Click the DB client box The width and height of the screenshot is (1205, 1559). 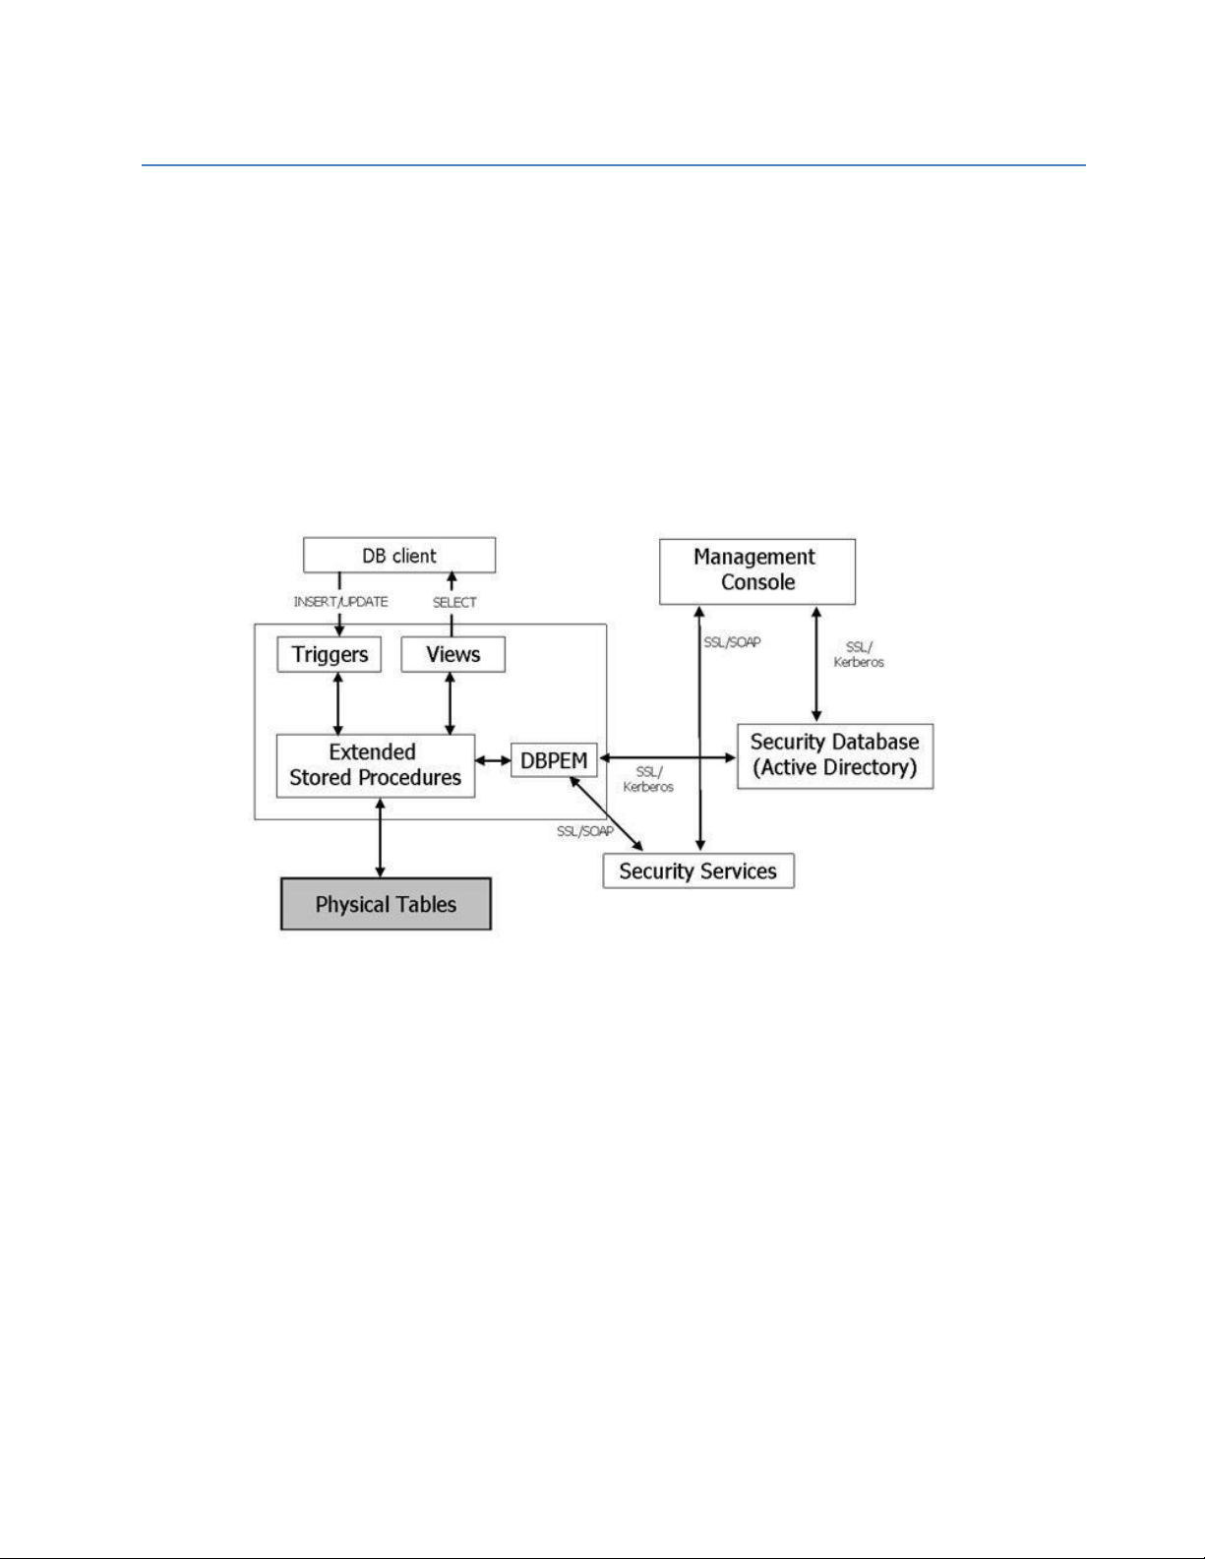(398, 556)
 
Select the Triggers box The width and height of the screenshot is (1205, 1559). (330, 654)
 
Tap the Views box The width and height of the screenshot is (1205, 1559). (452, 654)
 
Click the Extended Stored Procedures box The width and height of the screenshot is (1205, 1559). (375, 765)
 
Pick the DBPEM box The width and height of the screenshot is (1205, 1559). (554, 759)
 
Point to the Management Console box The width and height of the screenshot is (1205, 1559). (756, 571)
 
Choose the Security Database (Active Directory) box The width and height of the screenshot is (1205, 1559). (835, 756)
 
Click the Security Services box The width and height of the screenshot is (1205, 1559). (697, 870)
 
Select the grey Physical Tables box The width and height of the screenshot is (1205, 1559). (386, 904)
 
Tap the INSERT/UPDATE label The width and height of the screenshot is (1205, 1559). (340, 602)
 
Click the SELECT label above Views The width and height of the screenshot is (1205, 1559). (454, 603)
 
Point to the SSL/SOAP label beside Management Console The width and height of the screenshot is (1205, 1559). (732, 642)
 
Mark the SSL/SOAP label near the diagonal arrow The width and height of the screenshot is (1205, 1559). (585, 831)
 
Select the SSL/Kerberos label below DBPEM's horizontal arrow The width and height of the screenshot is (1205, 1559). (648, 779)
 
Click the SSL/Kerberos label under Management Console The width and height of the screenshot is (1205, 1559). (859, 654)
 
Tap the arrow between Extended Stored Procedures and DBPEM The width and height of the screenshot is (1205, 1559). (494, 759)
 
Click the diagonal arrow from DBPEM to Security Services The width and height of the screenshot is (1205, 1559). (606, 813)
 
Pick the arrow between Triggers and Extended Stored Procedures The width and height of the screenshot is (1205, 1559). (337, 704)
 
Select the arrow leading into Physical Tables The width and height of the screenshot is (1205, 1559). (380, 838)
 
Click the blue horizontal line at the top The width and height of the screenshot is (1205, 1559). (613, 165)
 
